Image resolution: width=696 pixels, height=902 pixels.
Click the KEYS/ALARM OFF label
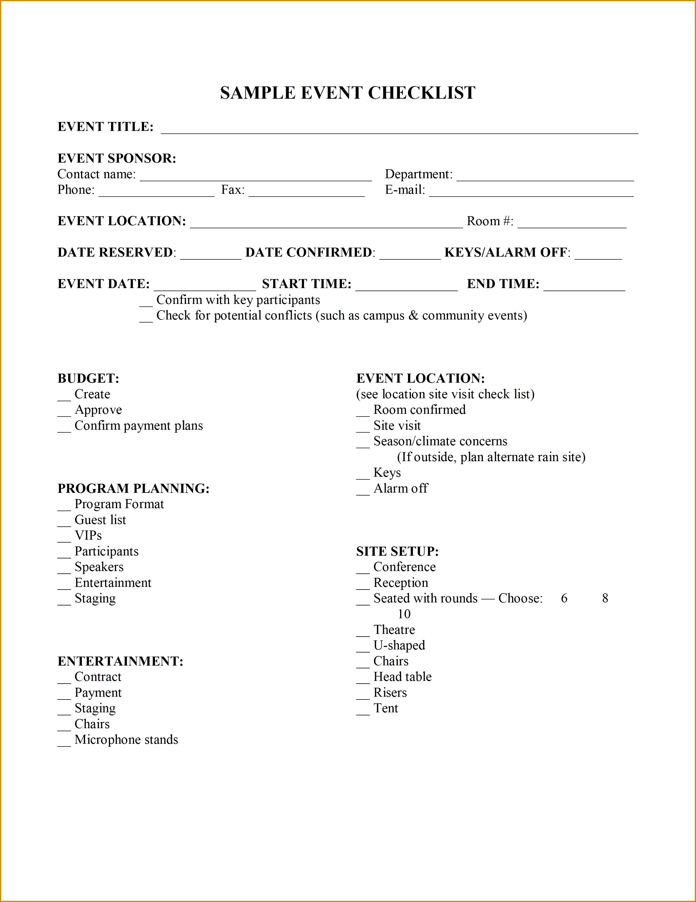click(x=507, y=252)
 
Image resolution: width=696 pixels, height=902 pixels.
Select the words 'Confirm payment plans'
click(x=139, y=426)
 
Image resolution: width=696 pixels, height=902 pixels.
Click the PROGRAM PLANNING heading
click(x=133, y=488)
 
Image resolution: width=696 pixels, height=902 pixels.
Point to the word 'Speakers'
click(x=99, y=567)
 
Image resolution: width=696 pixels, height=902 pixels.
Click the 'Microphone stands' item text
click(x=126, y=740)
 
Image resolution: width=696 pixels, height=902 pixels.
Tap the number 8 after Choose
click(x=605, y=598)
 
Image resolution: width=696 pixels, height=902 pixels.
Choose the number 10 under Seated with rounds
click(x=404, y=614)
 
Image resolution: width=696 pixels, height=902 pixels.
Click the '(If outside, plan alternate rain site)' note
click(x=491, y=457)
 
